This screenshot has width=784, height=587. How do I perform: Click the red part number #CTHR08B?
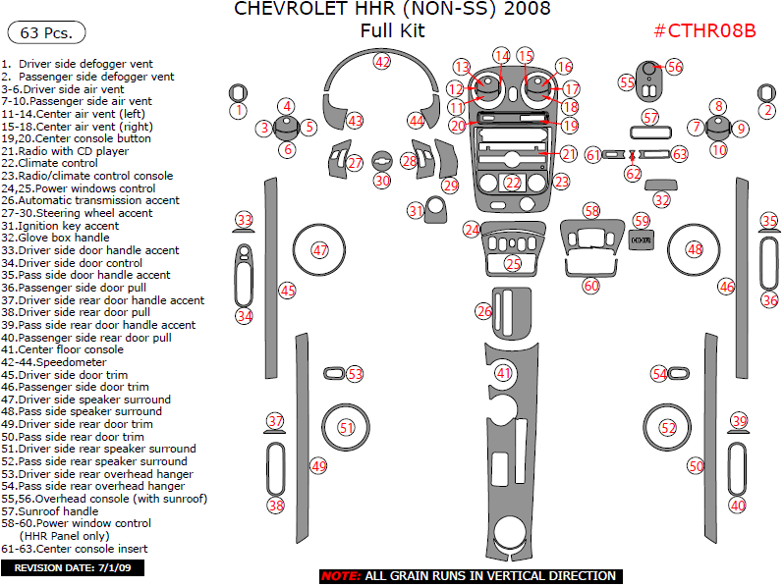coord(704,30)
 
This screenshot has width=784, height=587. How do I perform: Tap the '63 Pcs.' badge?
coord(46,32)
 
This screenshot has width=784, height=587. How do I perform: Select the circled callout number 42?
coord(381,61)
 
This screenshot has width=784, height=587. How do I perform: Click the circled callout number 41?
coord(504,373)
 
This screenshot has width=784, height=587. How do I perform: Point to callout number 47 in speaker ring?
coord(320,250)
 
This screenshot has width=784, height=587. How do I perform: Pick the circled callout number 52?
coord(668,428)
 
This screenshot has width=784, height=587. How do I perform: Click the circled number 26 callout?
coord(483,311)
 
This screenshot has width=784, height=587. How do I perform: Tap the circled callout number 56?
coord(674,67)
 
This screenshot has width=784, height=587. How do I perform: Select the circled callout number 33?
coord(243,220)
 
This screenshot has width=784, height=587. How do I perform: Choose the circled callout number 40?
coord(738,505)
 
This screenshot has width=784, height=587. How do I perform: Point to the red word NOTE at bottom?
coord(340,576)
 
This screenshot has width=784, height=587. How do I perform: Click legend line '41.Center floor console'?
coord(63,349)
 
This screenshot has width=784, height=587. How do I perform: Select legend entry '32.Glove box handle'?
coord(56,238)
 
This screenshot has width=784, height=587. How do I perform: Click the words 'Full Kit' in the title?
coord(392,30)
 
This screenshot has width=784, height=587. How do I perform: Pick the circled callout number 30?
coord(382,181)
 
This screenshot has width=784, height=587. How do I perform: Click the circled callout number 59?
coord(642,221)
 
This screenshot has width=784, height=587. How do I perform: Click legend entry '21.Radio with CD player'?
coord(65,151)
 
